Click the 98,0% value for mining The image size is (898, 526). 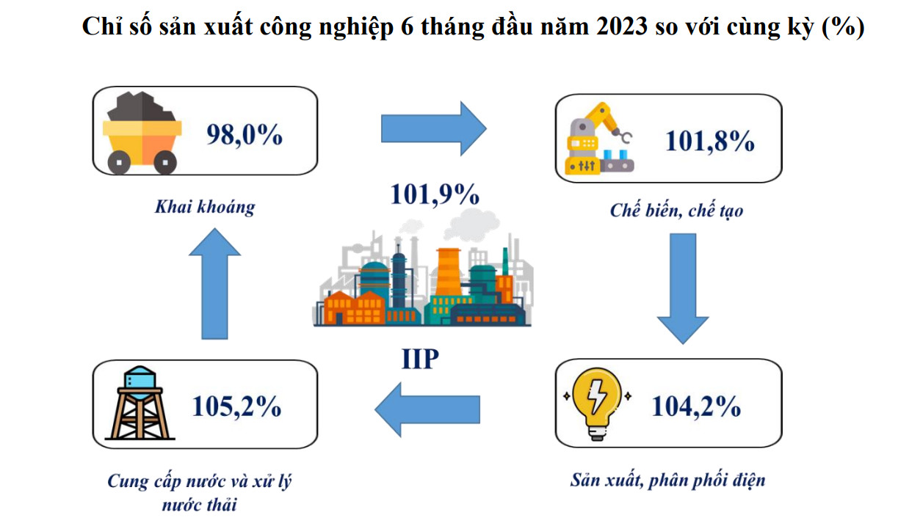click(245, 134)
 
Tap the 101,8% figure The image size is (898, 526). click(709, 141)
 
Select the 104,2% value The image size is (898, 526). click(695, 406)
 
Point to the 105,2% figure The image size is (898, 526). click(236, 406)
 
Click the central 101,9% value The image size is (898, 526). click(435, 194)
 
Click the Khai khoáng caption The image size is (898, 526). click(204, 207)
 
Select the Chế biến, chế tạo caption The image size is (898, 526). click(676, 211)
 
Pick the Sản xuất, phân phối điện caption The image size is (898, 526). click(667, 481)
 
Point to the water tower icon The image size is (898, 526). click(139, 403)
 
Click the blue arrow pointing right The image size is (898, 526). click(433, 128)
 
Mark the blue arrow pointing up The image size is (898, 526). click(214, 282)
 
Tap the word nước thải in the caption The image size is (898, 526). click(200, 505)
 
